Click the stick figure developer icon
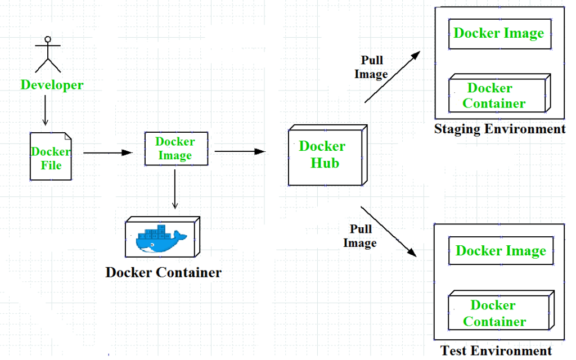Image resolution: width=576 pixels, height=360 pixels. click(x=48, y=55)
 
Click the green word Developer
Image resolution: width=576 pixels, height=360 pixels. click(x=52, y=85)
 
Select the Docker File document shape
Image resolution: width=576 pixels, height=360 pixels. click(x=51, y=156)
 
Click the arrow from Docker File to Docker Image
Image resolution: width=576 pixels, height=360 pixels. click(x=107, y=152)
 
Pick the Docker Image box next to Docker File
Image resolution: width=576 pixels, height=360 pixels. click(x=175, y=148)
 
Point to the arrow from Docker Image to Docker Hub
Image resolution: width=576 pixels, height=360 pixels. click(x=239, y=151)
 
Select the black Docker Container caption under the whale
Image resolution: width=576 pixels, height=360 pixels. click(x=163, y=273)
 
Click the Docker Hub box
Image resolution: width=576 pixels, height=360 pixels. click(x=326, y=155)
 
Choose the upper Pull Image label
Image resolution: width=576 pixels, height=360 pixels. click(x=371, y=67)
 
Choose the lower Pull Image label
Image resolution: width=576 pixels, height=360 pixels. click(x=360, y=236)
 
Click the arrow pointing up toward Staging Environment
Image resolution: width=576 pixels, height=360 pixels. click(x=392, y=77)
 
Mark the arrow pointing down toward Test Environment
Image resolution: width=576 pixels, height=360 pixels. click(x=388, y=231)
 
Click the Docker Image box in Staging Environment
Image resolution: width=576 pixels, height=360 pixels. click(x=499, y=33)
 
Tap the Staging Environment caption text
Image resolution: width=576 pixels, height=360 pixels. click(x=499, y=129)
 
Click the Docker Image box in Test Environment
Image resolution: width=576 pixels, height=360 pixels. click(x=501, y=251)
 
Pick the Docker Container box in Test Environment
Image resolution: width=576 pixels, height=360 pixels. click(x=498, y=313)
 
